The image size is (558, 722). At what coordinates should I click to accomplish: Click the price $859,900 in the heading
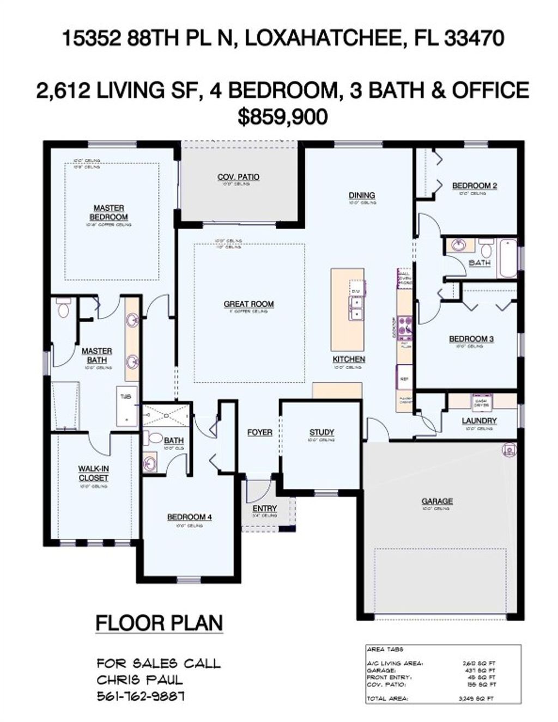283,117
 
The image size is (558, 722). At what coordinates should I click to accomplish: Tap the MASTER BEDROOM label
109,212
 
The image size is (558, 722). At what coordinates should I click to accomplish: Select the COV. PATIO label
238,177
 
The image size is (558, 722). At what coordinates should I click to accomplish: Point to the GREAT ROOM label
248,304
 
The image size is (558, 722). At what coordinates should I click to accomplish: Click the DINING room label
362,195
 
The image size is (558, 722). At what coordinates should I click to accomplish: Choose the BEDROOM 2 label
474,186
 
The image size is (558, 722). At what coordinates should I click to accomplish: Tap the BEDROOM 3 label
471,339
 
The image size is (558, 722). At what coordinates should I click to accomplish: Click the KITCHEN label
349,359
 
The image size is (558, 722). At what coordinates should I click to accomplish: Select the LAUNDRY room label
479,421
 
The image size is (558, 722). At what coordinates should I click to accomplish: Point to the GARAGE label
437,501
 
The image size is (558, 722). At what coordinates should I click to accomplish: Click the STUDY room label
322,432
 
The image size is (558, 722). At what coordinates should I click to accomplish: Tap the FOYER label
260,432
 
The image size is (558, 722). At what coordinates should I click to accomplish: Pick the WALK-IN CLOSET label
93,473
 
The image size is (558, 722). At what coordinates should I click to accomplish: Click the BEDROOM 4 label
189,517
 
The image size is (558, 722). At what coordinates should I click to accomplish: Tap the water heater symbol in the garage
508,450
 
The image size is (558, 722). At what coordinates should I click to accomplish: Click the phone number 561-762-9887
141,696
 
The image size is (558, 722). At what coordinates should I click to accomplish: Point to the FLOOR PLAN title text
159,623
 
